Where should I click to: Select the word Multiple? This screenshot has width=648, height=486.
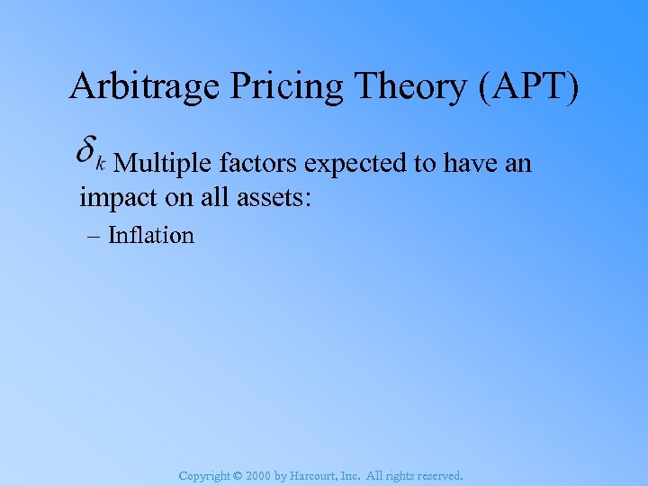[x=164, y=164]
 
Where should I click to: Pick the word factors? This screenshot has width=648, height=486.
[x=258, y=164]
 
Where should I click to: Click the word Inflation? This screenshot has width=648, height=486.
[x=151, y=236]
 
